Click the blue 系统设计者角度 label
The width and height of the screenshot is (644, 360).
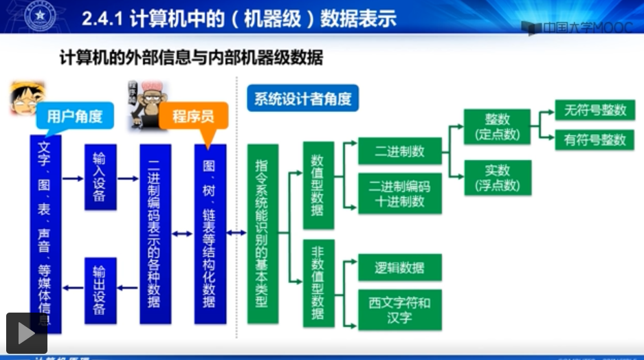point(302,100)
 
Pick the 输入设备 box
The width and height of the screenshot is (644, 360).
point(100,177)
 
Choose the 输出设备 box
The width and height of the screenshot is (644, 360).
point(100,290)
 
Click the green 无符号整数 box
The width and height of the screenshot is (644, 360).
point(595,110)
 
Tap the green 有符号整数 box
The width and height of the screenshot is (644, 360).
point(595,139)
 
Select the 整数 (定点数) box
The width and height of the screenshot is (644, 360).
point(498,126)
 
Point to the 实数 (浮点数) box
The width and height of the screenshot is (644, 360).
point(498,177)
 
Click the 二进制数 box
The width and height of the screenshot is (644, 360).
point(399,151)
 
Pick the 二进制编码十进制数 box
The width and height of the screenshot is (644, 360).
point(399,193)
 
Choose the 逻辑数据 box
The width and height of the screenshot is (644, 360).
point(399,267)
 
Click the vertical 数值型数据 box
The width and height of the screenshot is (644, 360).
point(318,185)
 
